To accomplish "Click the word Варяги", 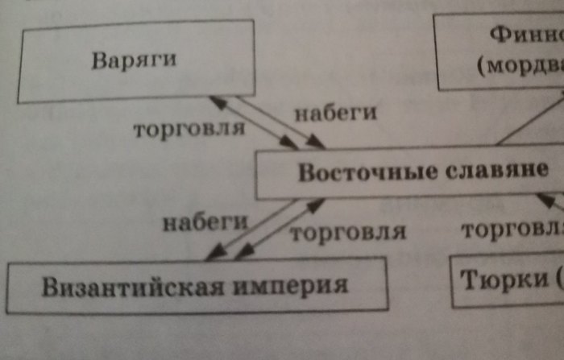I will [x=133, y=61].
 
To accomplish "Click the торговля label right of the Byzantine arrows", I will [x=347, y=234].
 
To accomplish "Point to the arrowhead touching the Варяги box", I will [x=214, y=100].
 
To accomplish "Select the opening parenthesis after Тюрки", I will [x=557, y=281].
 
